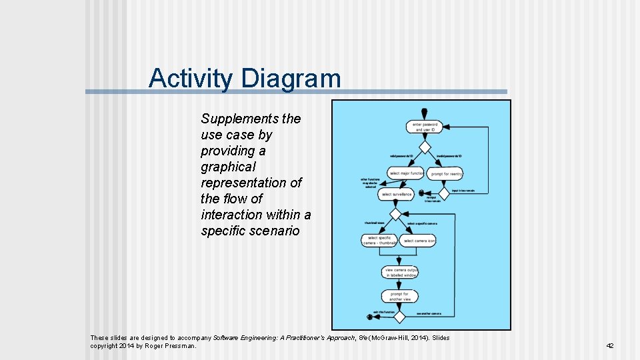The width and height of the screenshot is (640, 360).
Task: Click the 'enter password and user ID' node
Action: [425, 127]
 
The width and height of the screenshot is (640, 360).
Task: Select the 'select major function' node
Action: [406, 173]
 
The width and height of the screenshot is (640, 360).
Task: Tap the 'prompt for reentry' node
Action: [445, 174]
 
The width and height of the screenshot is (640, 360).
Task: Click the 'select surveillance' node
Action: [396, 195]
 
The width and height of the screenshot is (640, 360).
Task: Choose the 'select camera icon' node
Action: [419, 241]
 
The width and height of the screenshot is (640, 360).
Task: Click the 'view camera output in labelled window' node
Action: [400, 271]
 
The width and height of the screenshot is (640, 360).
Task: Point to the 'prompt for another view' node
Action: [400, 296]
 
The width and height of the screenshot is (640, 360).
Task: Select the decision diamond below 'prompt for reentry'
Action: [444, 192]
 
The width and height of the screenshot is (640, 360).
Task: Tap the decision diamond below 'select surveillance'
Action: [396, 214]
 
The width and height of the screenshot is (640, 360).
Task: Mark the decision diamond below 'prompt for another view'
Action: [400, 315]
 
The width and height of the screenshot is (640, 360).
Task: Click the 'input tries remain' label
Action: [463, 191]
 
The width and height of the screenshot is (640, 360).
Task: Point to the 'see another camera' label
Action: [429, 313]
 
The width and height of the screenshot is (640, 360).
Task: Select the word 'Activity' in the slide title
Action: [191, 78]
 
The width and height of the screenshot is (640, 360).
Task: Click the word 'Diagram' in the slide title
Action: [291, 78]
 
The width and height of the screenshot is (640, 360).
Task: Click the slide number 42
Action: [609, 345]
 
